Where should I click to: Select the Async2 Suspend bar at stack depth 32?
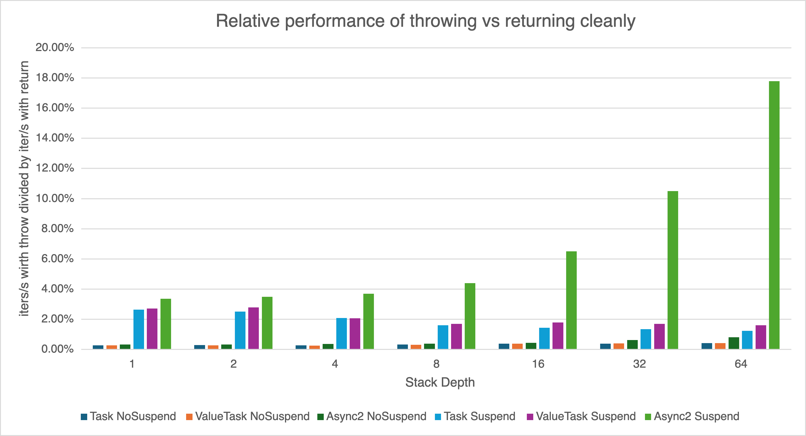tap(673, 270)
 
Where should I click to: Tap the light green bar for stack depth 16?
tap(571, 300)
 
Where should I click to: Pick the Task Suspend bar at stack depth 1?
tap(139, 329)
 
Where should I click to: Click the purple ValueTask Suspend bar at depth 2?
tap(254, 328)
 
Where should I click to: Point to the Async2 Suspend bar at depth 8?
tap(470, 316)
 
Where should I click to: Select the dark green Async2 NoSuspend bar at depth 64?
tap(734, 343)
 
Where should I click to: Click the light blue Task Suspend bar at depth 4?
tap(342, 334)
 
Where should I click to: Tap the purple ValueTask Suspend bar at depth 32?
tap(659, 336)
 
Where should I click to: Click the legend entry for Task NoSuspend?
tap(128, 416)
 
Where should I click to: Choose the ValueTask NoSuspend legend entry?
tap(247, 416)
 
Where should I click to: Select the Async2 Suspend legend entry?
tap(692, 416)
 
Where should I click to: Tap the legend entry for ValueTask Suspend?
tap(581, 416)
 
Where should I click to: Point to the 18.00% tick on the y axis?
tap(55, 78)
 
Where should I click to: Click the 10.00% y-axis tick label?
tap(55, 198)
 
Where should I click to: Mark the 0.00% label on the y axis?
tap(58, 349)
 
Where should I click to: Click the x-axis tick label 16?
tap(538, 364)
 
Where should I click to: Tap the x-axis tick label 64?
tap(741, 364)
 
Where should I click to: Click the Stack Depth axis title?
tap(440, 382)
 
